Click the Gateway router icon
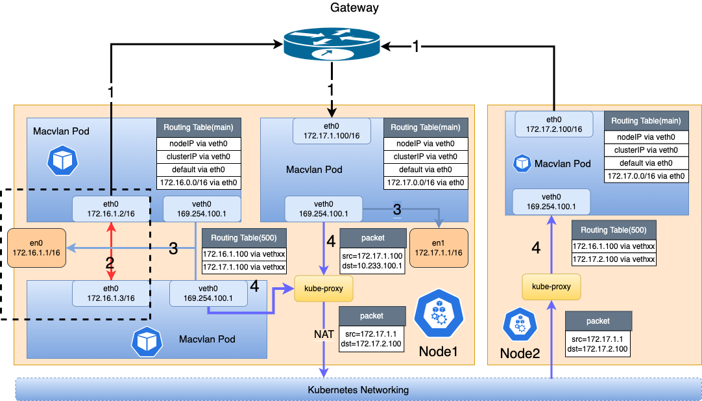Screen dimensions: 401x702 click(331, 45)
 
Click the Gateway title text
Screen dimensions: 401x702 click(354, 8)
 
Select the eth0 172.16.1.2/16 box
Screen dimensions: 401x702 click(111, 209)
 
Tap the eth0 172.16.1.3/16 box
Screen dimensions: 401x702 click(111, 293)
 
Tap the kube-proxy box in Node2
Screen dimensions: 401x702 click(551, 286)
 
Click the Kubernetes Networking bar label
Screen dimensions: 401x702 click(358, 390)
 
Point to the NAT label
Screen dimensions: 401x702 click(323, 334)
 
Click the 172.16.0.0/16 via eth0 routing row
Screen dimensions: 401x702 click(198, 183)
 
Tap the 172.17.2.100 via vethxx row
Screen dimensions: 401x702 click(613, 259)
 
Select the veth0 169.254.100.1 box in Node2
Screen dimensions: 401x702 click(551, 201)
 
